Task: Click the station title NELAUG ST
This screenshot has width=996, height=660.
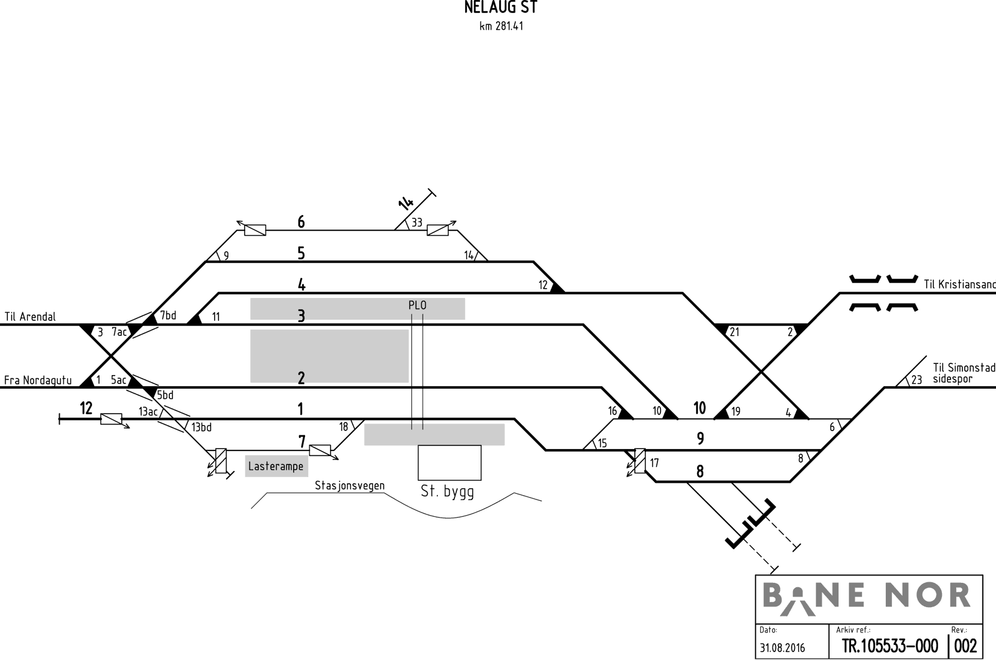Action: (500, 7)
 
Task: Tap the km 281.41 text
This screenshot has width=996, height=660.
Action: (501, 26)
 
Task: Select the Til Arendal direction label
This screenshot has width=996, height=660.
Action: (31, 317)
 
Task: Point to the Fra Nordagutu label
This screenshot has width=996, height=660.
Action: (38, 381)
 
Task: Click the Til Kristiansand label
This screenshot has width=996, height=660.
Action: (959, 284)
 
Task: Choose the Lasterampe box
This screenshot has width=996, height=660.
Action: (276, 466)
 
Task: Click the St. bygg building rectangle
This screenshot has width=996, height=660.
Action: (449, 463)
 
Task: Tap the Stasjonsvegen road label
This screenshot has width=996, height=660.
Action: (349, 486)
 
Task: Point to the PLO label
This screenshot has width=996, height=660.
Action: (418, 305)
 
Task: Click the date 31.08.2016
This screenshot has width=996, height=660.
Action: (782, 648)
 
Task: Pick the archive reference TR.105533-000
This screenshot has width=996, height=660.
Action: (890, 646)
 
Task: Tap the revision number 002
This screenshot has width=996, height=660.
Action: (965, 646)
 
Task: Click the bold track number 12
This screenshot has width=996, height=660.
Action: (86, 408)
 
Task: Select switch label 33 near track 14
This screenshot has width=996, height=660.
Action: (416, 223)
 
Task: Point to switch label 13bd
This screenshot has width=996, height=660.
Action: (202, 427)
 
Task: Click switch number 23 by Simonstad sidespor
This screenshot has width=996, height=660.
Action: (916, 381)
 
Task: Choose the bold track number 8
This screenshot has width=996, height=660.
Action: (700, 472)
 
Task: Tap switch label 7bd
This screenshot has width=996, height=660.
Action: (168, 315)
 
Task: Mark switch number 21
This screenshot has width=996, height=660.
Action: (735, 332)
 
